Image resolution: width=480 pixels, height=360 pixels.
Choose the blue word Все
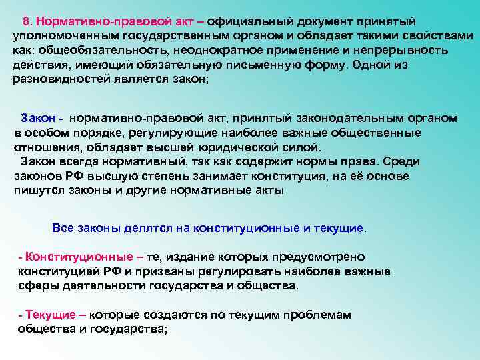pos(63,227)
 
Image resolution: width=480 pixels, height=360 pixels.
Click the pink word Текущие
pos(49,315)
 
